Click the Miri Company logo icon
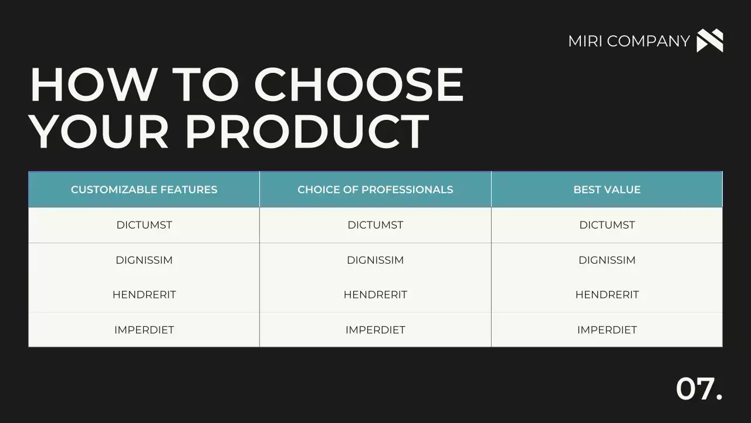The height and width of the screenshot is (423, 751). tap(709, 41)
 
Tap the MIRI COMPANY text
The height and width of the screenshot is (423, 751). tap(628, 41)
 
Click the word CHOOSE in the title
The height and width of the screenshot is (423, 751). tap(359, 85)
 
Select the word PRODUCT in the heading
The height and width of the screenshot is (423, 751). tap(307, 131)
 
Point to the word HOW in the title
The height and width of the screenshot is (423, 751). tap(92, 85)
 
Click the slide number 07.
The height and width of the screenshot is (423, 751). tap(699, 389)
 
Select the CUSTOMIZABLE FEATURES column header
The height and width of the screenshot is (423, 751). tap(144, 190)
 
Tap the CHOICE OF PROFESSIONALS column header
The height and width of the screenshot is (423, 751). tap(375, 190)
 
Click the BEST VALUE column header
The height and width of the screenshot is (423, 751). tap(607, 190)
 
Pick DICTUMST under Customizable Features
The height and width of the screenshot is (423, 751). tap(144, 225)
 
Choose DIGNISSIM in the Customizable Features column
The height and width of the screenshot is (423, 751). tap(144, 260)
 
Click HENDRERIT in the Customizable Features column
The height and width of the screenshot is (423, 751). tap(144, 295)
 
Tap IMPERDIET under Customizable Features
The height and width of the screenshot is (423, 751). tap(144, 330)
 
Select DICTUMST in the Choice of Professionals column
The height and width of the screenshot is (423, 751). tap(375, 225)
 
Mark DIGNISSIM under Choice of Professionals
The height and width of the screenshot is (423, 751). tap(375, 260)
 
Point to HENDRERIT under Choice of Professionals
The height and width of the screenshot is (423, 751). tap(375, 295)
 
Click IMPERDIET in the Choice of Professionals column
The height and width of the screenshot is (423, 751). tap(375, 330)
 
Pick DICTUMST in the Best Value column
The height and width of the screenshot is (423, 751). tap(607, 225)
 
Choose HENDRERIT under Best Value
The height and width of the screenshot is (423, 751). tap(607, 295)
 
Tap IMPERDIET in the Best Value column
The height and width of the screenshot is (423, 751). tap(607, 330)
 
